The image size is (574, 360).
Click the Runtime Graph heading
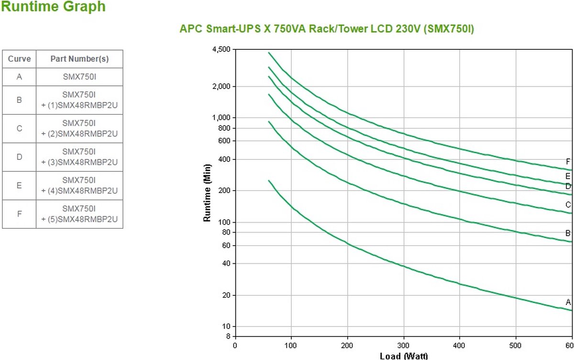point(53,7)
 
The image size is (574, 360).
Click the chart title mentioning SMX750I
point(327,29)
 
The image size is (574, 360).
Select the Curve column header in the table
point(19,59)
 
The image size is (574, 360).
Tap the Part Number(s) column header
point(79,59)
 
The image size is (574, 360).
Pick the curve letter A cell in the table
point(19,77)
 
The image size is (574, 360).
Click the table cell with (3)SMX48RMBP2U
point(79,157)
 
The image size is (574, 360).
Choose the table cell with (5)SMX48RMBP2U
point(79,214)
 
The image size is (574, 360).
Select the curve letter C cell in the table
point(19,128)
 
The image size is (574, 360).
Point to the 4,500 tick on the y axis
point(221,49)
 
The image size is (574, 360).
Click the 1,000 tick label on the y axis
point(222,118)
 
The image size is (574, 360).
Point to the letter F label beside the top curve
point(568,161)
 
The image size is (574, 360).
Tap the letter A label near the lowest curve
point(568,302)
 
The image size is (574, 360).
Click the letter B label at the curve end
point(568,233)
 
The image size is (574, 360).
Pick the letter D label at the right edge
point(568,186)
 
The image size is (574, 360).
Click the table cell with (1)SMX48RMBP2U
point(79,100)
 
